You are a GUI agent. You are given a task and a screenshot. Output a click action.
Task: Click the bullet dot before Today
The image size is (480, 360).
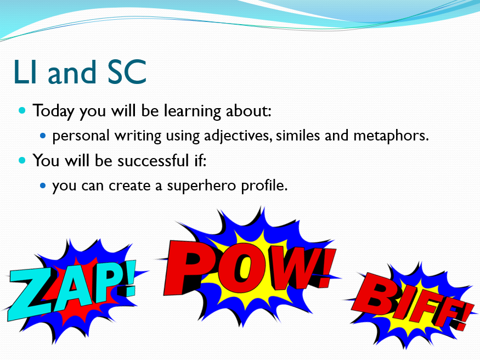click(22, 111)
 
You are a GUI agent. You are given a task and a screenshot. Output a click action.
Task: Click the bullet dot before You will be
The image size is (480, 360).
click(22, 161)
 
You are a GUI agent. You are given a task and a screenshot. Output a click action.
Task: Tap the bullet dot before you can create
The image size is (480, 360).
click(43, 185)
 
